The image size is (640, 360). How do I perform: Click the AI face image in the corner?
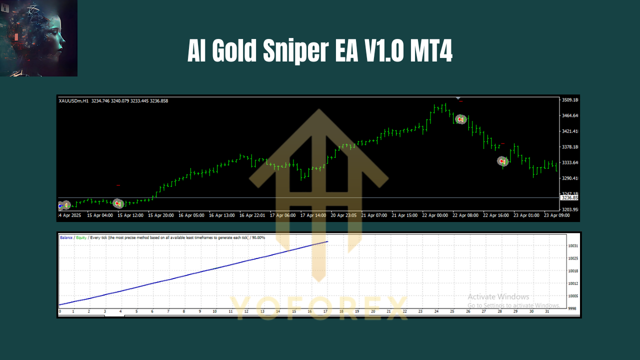[38, 38]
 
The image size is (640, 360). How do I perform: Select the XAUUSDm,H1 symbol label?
[73, 101]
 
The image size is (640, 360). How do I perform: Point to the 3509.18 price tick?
[570, 100]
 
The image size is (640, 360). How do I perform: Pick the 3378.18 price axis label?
[570, 147]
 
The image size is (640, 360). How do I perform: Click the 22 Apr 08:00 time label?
[465, 215]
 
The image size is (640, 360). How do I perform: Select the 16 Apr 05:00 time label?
[192, 215]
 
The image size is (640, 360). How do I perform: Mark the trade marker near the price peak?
[460, 119]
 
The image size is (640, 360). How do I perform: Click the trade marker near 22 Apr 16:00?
[502, 161]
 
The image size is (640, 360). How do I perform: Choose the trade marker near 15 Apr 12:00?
[117, 203]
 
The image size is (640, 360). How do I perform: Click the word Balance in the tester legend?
[66, 237]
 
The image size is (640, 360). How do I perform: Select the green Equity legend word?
[81, 237]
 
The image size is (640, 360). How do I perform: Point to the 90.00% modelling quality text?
[258, 237]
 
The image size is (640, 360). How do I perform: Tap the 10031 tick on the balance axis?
[573, 246]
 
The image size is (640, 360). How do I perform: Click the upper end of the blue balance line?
[327, 242]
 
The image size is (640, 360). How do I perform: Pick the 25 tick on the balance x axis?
[451, 311]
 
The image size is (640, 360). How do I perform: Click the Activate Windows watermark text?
[498, 297]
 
